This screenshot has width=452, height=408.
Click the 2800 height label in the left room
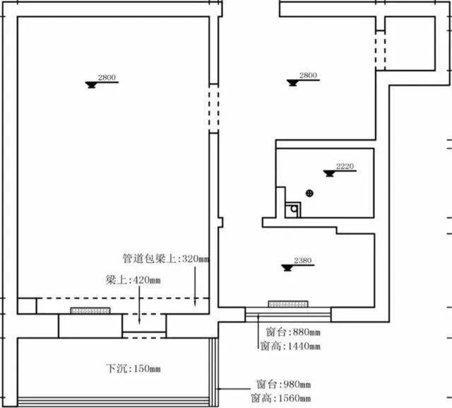coord(107,77)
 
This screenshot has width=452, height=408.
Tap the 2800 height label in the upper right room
coord(308,76)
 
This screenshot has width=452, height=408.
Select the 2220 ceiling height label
coord(345,166)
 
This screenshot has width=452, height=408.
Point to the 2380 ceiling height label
coord(303,260)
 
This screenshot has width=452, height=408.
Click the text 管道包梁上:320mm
coord(166,259)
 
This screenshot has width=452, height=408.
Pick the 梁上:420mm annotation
coord(133,280)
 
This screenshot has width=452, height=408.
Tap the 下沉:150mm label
coord(133,368)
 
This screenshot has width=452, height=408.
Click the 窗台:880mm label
coord(293,332)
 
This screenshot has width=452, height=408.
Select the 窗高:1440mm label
coord(290,346)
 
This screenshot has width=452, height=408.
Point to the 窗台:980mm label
coord(284,385)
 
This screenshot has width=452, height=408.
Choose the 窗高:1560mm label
coord(281,398)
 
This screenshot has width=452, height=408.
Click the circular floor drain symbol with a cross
coord(309,193)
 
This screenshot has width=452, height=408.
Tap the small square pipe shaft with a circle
coord(292,210)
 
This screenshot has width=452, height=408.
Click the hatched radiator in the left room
coord(90,310)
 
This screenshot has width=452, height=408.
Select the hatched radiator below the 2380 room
coord(288,304)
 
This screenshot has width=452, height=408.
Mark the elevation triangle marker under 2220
coord(329,173)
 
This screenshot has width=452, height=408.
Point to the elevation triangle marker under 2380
coord(287,268)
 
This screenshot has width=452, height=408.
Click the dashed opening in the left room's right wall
coord(213,108)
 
